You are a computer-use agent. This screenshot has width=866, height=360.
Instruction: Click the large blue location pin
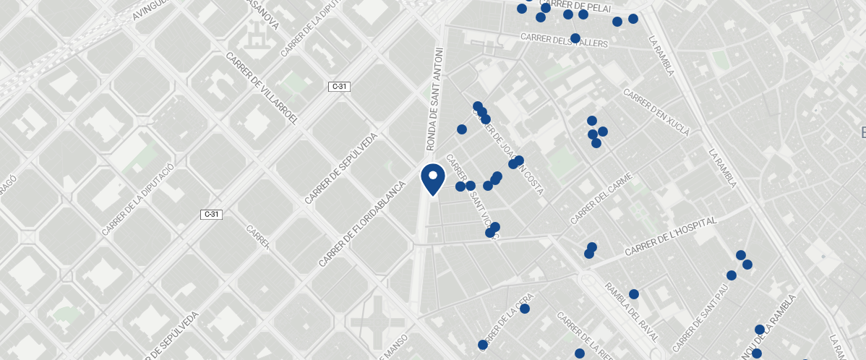[432, 178]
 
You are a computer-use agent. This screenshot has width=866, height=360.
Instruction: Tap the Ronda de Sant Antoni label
[436, 100]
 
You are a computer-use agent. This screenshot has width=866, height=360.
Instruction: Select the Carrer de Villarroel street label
[262, 88]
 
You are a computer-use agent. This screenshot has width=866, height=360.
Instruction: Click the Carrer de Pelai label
[575, 6]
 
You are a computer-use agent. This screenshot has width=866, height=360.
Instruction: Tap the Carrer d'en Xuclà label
[656, 112]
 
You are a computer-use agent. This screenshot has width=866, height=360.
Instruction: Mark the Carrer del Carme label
[601, 197]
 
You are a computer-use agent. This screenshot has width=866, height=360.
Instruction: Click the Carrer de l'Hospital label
[670, 236]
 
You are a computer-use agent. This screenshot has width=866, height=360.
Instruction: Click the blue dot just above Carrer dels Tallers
[575, 38]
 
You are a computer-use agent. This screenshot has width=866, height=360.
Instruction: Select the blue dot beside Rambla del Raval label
[634, 294]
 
